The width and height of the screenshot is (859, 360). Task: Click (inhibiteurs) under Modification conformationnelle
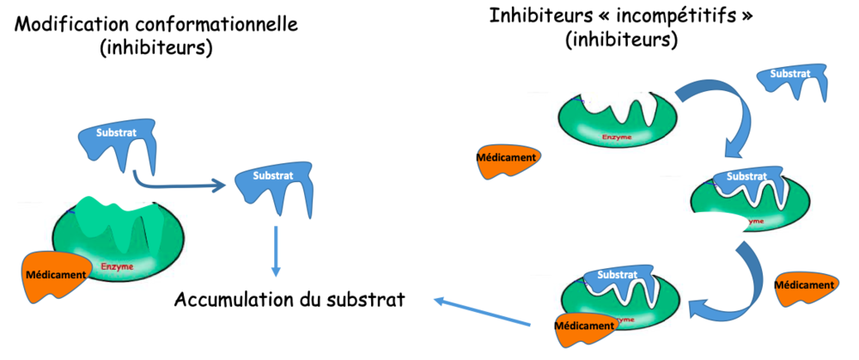(155, 48)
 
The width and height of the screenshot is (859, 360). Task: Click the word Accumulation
(230, 301)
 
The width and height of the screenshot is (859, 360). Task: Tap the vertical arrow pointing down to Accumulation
(276, 250)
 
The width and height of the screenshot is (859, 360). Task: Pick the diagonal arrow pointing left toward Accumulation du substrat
(490, 312)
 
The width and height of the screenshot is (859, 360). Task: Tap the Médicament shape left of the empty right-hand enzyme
(508, 159)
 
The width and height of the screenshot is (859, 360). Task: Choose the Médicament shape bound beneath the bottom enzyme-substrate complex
(584, 326)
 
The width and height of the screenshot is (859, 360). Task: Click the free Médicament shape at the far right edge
(805, 286)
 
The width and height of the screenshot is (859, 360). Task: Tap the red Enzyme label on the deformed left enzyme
(118, 267)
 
